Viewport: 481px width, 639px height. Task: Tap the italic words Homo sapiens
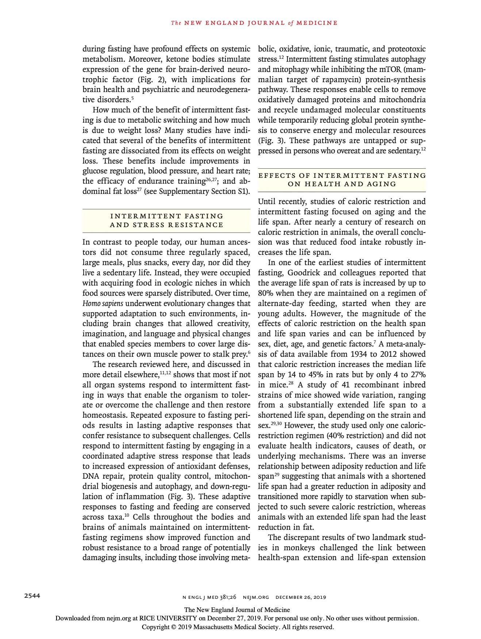[x=103, y=303]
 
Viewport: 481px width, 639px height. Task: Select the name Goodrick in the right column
[x=304, y=273]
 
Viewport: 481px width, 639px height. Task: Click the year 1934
[x=359, y=354]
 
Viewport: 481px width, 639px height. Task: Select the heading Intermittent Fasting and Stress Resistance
[x=166, y=221]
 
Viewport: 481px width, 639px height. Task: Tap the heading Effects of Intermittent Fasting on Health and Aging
[x=342, y=180]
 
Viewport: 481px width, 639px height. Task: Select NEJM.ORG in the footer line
[x=256, y=597]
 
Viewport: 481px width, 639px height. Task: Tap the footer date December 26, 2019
[x=301, y=597]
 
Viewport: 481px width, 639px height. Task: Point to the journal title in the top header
[x=254, y=23]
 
